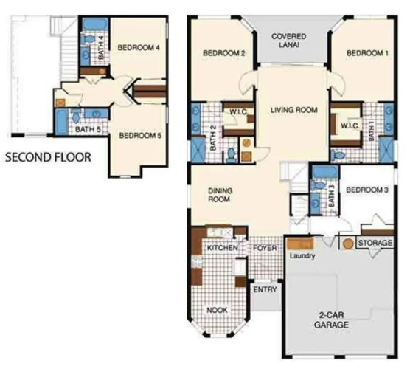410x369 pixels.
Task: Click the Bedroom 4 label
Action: (x=139, y=48)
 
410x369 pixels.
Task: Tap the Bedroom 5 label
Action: (x=140, y=136)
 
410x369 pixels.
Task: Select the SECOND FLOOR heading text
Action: (x=48, y=157)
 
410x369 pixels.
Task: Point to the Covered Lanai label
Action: (x=288, y=41)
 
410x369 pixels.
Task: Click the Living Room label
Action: (x=294, y=110)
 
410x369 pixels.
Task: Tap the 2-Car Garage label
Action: (x=331, y=320)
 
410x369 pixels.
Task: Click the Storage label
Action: (x=375, y=243)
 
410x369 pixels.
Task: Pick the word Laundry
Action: (x=302, y=255)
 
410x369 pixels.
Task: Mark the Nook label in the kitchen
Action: (x=217, y=311)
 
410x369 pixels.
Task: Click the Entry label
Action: (x=265, y=289)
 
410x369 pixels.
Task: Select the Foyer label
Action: (x=265, y=248)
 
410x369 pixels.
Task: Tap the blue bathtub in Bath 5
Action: (x=61, y=123)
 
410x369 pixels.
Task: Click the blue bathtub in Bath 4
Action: (x=95, y=24)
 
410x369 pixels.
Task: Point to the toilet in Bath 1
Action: (x=338, y=155)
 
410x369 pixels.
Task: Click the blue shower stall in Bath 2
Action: (x=198, y=151)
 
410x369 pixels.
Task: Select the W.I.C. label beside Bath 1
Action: (x=350, y=126)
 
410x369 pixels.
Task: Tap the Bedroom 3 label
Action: (x=366, y=190)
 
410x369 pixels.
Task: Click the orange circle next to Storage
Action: (x=348, y=244)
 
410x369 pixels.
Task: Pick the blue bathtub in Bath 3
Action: (x=325, y=172)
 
